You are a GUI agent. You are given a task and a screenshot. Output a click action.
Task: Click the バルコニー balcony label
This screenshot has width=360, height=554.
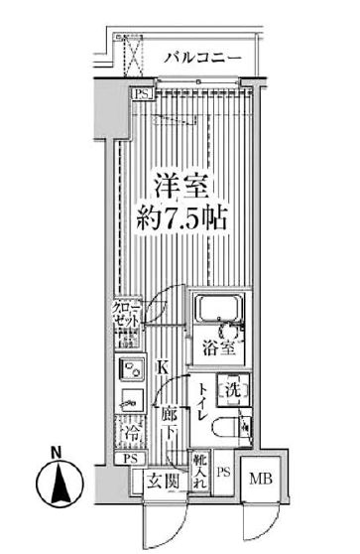pos(202,59)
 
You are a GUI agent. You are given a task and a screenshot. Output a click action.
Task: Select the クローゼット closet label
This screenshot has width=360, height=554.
pos(126,315)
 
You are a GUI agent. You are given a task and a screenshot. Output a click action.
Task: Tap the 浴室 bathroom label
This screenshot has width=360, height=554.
pos(219,347)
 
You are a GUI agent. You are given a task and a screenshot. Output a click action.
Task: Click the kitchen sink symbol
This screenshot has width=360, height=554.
pos(129,371)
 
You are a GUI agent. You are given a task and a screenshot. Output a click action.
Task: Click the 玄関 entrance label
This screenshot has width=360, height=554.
pos(163,483)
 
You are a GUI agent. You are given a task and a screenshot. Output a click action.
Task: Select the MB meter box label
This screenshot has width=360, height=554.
pos(258,479)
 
